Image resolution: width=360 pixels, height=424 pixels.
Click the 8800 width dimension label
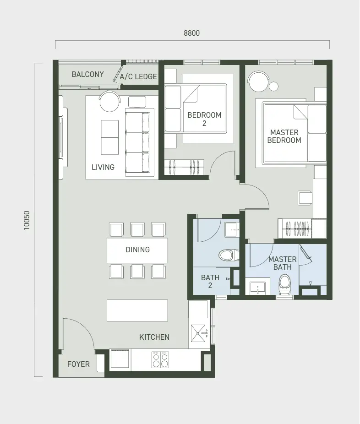[x=192, y=33]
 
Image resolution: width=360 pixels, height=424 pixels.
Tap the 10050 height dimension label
[x=27, y=220]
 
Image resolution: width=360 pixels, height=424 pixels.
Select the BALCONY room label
[x=87, y=74]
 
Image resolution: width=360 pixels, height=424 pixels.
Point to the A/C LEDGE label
[x=138, y=76]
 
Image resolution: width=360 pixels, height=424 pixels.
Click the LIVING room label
[x=103, y=167]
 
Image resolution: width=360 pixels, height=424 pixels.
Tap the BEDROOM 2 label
[x=204, y=119]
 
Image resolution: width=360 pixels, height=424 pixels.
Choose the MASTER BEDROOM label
[x=284, y=136]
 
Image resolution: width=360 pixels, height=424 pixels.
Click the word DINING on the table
[x=138, y=250]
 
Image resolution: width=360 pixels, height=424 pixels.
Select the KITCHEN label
[x=154, y=337]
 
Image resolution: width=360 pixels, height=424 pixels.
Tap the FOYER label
[x=78, y=364]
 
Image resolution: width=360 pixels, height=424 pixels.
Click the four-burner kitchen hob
[x=160, y=359]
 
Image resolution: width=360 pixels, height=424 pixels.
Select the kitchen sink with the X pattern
[x=198, y=333]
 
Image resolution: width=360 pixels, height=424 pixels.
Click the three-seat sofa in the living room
[x=138, y=142]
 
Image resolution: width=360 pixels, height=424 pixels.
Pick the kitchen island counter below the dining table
[x=137, y=310]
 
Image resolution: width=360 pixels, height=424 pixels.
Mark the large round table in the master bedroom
[x=259, y=82]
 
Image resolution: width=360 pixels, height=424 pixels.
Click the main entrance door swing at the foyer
[x=79, y=335]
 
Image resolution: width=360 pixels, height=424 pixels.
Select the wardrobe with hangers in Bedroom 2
[x=184, y=168]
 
